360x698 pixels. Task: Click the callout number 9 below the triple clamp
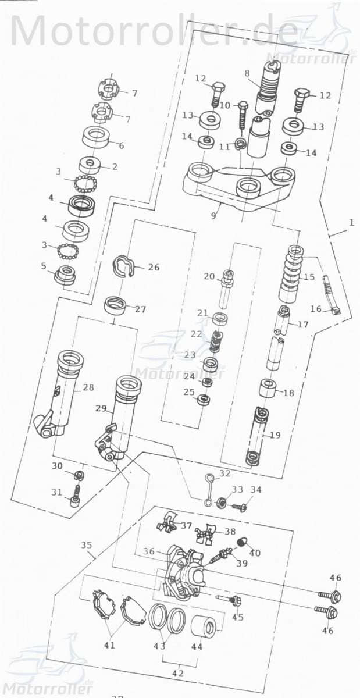213,215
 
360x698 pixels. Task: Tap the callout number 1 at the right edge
351,222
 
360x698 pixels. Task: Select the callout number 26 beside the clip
153,268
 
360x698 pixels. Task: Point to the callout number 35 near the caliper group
86,545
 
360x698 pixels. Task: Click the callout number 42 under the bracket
177,673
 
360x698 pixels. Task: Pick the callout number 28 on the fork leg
88,387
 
